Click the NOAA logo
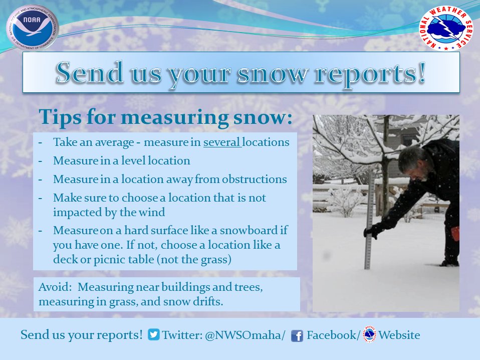click(33, 28)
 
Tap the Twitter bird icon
click(154, 335)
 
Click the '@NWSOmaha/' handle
click(245, 335)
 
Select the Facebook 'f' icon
click(297, 335)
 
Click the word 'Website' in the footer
click(399, 335)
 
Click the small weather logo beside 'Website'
click(369, 334)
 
